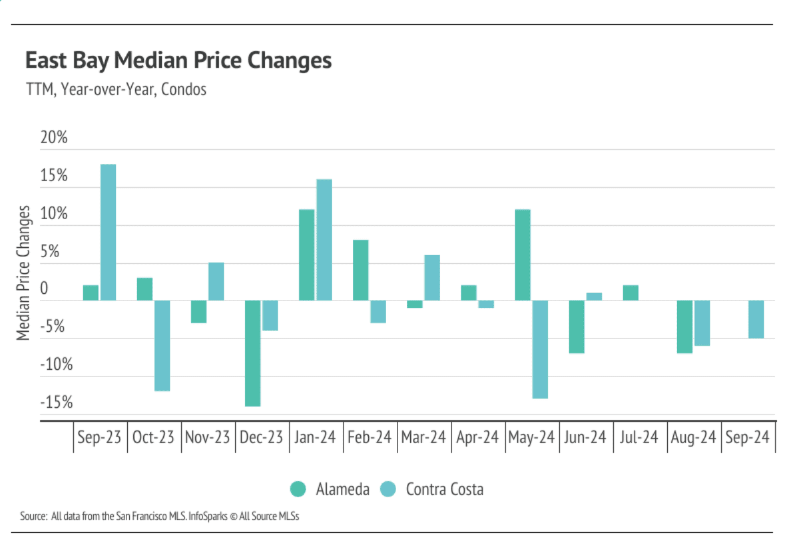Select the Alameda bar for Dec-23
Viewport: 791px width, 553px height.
point(252,353)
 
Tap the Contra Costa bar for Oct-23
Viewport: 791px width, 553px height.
point(162,345)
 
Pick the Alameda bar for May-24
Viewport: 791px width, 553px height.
point(523,255)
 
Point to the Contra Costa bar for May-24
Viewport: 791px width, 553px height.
point(539,349)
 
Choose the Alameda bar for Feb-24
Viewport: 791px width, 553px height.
point(360,270)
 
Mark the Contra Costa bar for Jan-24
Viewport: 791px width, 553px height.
point(324,240)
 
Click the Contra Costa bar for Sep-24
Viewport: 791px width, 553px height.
point(756,319)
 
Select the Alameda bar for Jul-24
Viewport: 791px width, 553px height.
point(631,292)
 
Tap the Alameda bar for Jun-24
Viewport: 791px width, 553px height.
point(577,326)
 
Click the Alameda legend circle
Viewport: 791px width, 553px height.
point(298,490)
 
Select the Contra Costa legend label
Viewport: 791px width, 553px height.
point(444,490)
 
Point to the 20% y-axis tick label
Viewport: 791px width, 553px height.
point(55,139)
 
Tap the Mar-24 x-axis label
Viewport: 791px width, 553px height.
point(423,438)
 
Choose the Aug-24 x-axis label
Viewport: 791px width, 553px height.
point(694,438)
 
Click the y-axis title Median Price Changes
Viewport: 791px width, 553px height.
point(24,272)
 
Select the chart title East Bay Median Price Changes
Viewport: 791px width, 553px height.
point(178,61)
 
